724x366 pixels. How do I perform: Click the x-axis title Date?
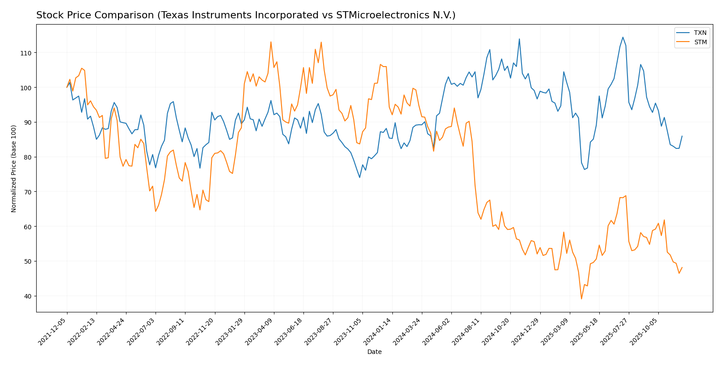point(375,352)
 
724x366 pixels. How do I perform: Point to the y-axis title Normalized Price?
point(14,168)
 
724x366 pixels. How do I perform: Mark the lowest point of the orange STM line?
point(581,299)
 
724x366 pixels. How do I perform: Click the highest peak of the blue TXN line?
point(623,37)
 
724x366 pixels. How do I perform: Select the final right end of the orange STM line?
point(682,267)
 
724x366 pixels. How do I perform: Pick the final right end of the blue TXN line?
point(682,136)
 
